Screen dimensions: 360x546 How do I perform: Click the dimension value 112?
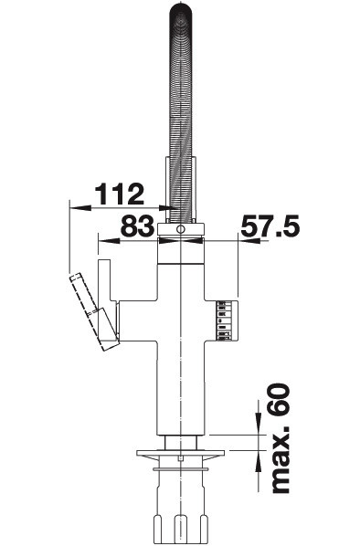[x=120, y=194]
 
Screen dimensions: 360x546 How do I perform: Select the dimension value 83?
[x=137, y=226]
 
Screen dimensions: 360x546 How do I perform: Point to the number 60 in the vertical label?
[x=280, y=399]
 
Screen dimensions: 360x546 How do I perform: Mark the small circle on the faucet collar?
[x=180, y=229]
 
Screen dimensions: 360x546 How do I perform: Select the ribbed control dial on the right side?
[x=228, y=320]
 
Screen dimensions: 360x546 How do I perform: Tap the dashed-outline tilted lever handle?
[x=92, y=311]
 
